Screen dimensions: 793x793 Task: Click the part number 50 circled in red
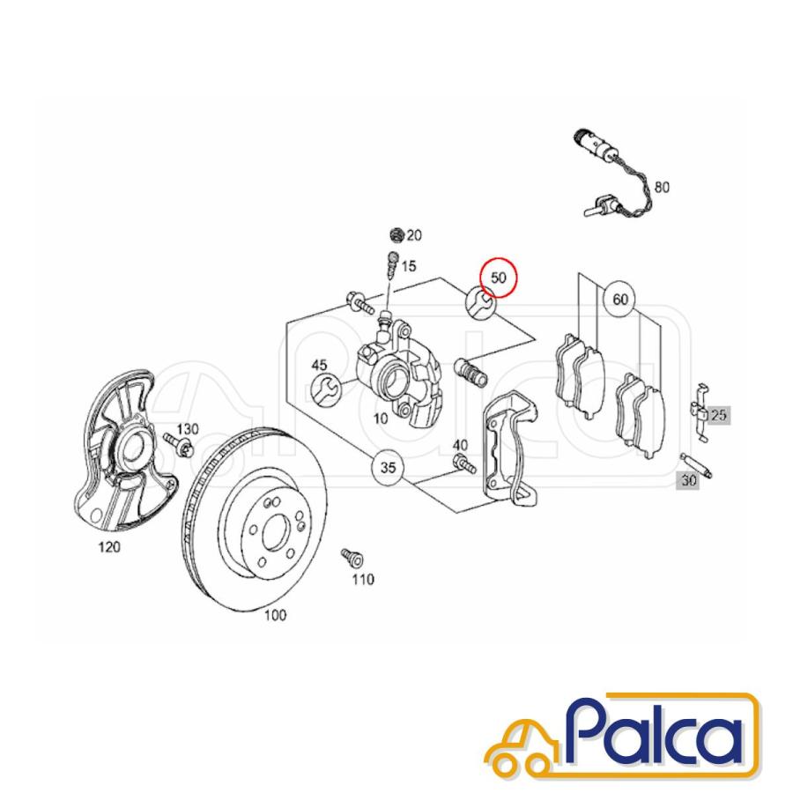click(499, 278)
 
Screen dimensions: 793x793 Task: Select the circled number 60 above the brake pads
click(620, 300)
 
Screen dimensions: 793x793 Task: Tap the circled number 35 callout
click(388, 467)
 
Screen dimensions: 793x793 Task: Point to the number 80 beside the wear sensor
click(662, 187)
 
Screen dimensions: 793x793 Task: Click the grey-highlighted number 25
click(718, 415)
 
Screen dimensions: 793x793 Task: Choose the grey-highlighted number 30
click(688, 480)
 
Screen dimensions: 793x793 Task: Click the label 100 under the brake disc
click(275, 615)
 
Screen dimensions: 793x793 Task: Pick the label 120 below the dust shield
click(109, 546)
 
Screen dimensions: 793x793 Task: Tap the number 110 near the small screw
click(363, 579)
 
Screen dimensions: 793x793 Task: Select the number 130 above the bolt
click(188, 429)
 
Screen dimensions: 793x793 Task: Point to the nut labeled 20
click(398, 235)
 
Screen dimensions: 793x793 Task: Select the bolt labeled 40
click(464, 463)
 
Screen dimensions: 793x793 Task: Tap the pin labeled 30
click(697, 465)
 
